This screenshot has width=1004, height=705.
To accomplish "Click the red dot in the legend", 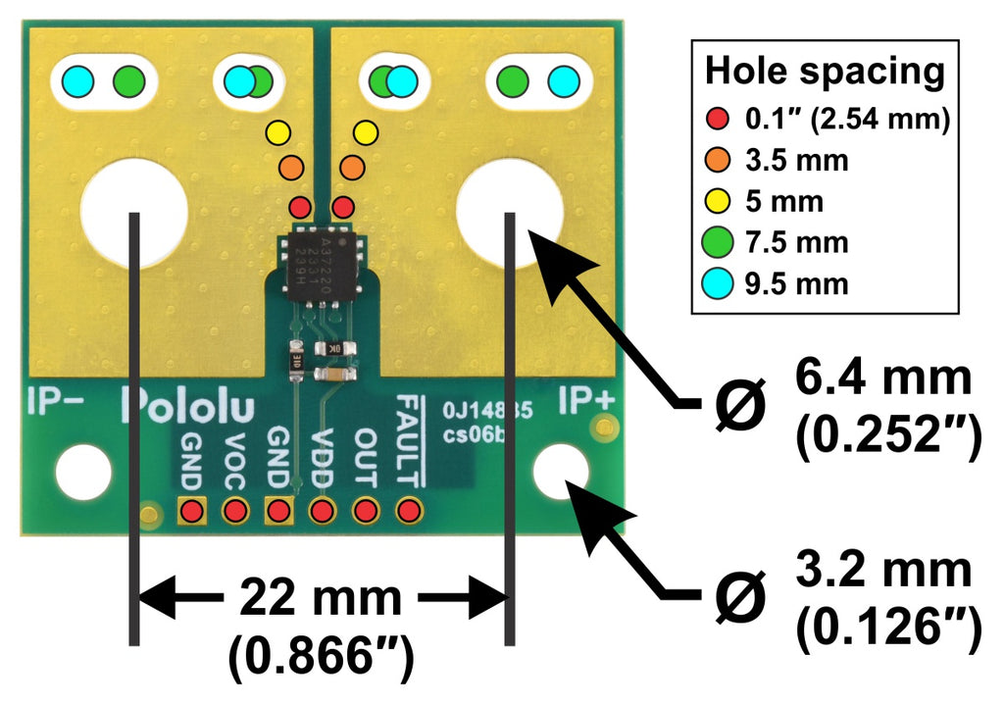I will click(717, 120).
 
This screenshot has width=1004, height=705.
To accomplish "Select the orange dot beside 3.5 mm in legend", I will click(717, 161).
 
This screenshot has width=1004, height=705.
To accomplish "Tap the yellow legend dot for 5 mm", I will click(717, 202).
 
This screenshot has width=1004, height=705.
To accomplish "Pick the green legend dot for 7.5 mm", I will click(717, 242).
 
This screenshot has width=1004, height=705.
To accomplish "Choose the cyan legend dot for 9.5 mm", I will click(717, 284).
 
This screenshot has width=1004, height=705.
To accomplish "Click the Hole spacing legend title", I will click(825, 72).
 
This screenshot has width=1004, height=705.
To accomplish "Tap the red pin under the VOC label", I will click(235, 510).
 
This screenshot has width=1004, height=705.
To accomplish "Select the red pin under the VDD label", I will click(322, 510).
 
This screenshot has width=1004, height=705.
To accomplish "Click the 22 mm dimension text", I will click(319, 597).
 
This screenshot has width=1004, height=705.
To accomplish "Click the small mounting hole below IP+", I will click(561, 470).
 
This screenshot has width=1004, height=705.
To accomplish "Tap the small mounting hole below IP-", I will click(83, 472).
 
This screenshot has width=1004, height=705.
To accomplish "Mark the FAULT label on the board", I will click(409, 440).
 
